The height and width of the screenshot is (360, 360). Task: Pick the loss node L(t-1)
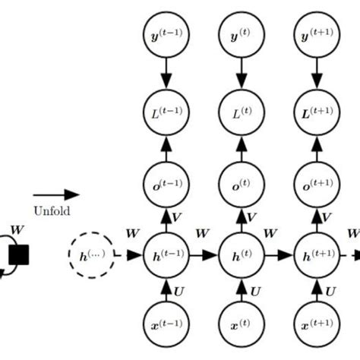click(x=166, y=112)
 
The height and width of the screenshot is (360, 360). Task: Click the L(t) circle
click(x=242, y=112)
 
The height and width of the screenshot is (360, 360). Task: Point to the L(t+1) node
click(x=316, y=112)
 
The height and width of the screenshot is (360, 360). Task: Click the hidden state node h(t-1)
click(x=166, y=255)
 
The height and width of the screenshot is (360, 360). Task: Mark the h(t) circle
click(x=242, y=255)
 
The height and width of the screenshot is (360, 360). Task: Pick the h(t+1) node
click(x=316, y=255)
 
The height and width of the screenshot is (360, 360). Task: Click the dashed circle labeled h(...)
click(x=91, y=255)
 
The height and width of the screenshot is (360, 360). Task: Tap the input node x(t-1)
click(x=166, y=327)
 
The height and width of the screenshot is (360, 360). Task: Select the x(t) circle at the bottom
click(x=242, y=327)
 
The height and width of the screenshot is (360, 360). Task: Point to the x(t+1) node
click(x=316, y=327)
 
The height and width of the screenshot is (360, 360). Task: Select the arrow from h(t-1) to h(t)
click(x=204, y=256)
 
